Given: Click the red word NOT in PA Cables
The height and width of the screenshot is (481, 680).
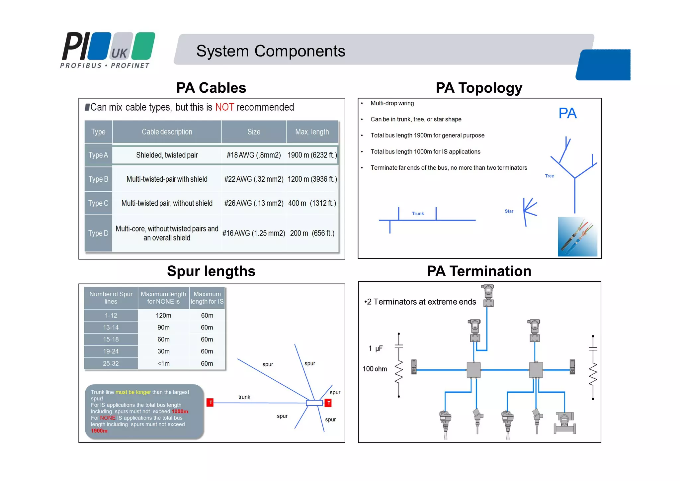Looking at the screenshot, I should pos(224,107).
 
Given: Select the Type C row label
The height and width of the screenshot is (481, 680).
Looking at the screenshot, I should pos(98,203).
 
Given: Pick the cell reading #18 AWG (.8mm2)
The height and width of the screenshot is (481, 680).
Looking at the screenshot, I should pos(254,155).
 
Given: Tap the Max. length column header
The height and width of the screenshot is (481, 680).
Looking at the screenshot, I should pos(312,132).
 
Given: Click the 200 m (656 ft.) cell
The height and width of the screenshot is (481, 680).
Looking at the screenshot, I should pos(312,233).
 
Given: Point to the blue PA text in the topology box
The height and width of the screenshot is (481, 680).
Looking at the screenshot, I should pos(567,113).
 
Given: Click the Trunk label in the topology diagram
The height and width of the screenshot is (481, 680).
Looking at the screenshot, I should pos(418,214).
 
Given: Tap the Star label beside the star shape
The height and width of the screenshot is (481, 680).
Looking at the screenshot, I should pos(509,211).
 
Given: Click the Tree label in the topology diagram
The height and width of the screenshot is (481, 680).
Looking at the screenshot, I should pos(549,176).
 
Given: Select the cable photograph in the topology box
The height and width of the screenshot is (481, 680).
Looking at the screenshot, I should pos(577,237).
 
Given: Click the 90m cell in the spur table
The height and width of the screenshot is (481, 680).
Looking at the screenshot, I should pos(163,328).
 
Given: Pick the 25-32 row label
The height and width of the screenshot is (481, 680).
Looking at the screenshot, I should pos(111,363).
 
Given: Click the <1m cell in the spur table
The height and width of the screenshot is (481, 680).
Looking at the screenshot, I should pos(163,363).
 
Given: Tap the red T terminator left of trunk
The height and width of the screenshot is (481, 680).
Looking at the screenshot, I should pos(210,403).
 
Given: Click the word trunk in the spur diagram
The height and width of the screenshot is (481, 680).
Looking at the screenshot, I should pos(244,397).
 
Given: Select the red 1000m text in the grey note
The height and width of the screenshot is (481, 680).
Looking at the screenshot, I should pos(180,412).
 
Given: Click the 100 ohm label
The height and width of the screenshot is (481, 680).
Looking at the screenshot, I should pos(375,369).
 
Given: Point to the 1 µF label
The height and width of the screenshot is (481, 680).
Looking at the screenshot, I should pos(376,348).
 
